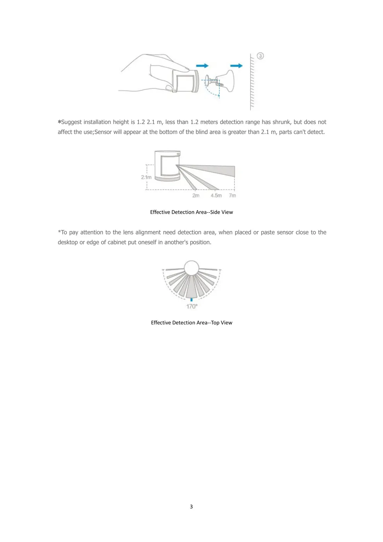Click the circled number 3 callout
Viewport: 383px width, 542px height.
(x=260, y=56)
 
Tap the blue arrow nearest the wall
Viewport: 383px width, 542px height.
(x=236, y=66)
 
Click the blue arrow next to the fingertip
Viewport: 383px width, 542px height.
(x=202, y=66)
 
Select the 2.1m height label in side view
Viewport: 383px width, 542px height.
(x=146, y=177)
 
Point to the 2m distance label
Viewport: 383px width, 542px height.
(x=196, y=196)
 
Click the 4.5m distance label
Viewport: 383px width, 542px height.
(x=216, y=196)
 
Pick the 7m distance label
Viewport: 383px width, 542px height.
(x=232, y=196)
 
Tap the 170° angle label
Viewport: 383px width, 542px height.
(x=192, y=306)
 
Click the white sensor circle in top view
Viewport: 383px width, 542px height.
(x=191, y=268)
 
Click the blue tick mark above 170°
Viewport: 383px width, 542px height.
(x=191, y=300)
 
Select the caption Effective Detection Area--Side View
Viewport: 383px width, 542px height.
(x=191, y=212)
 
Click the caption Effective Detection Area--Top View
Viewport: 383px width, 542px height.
(x=191, y=322)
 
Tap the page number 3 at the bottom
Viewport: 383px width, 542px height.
(x=191, y=506)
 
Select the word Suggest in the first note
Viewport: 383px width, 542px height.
(x=71, y=122)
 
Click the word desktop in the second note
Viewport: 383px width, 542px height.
(x=68, y=242)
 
